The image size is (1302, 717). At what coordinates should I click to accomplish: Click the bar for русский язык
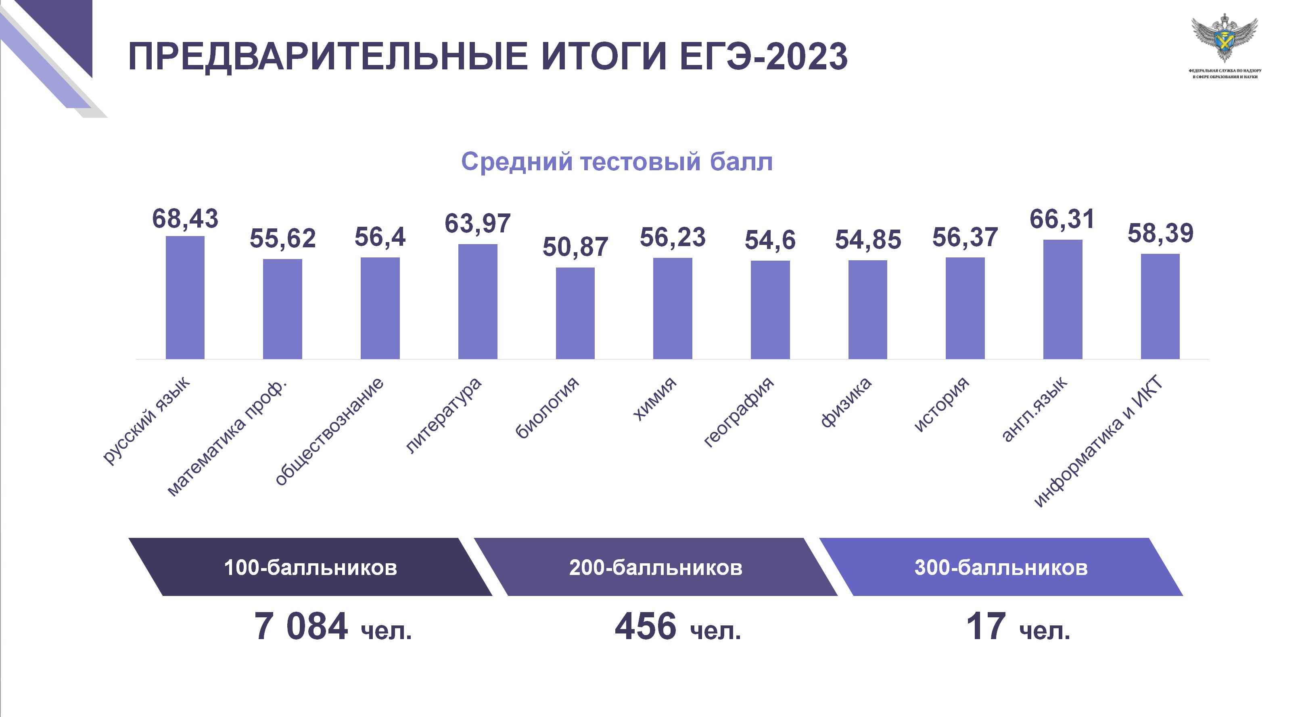185,298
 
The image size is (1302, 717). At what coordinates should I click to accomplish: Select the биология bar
575,313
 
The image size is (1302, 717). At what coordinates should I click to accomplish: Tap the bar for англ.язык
1062,300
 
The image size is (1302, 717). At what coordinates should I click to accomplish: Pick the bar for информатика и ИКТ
1160,307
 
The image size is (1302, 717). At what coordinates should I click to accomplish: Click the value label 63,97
478,224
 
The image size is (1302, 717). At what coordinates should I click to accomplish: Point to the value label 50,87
575,247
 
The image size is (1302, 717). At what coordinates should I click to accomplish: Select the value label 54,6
770,240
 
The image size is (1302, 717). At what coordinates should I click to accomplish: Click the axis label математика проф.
226,437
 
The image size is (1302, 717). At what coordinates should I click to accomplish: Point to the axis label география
738,412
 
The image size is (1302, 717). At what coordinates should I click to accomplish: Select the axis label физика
846,402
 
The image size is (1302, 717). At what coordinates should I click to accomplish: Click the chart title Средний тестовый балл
617,162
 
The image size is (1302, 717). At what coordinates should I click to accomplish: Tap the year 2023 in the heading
807,56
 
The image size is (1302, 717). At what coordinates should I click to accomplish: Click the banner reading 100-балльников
310,567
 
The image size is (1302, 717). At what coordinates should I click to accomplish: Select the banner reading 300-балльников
1001,567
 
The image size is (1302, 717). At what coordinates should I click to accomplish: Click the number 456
646,627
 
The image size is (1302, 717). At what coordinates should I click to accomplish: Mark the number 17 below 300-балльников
986,627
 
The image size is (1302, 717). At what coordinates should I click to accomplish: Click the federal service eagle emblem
1225,38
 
